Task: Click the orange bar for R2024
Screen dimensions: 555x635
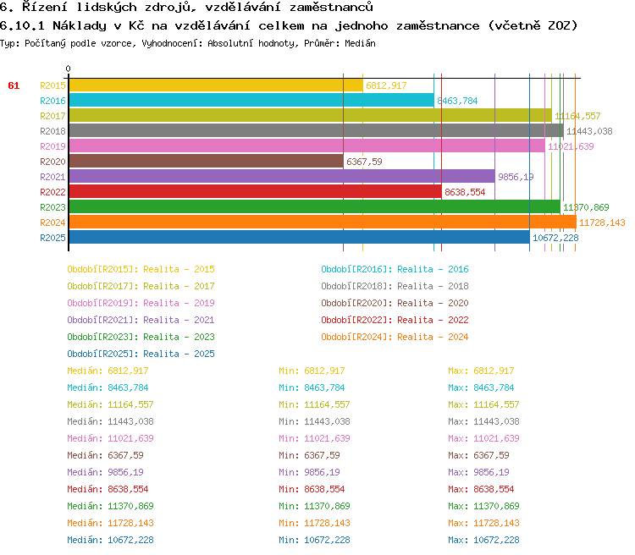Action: click(322, 223)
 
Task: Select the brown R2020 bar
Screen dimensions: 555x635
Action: click(206, 162)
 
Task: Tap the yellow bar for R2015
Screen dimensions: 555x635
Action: click(215, 85)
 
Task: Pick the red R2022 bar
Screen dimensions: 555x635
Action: click(255, 192)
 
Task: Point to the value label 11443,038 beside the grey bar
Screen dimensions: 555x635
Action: click(589, 131)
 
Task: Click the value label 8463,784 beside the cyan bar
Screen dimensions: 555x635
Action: click(457, 101)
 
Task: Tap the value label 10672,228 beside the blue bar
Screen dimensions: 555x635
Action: click(555, 238)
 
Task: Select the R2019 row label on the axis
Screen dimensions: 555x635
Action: click(52, 146)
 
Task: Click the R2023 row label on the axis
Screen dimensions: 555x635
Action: click(52, 207)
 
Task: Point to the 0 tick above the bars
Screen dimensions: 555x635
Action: click(69, 69)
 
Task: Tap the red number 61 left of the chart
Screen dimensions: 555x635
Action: click(14, 85)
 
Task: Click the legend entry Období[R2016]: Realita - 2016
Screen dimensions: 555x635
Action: click(395, 269)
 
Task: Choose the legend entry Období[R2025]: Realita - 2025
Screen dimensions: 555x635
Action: click(141, 354)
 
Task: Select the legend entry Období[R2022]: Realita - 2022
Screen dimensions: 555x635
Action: click(395, 320)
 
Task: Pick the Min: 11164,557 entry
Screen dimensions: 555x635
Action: click(314, 404)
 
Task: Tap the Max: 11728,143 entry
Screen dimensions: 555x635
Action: click(483, 523)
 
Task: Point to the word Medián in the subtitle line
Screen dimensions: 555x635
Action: click(360, 42)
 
